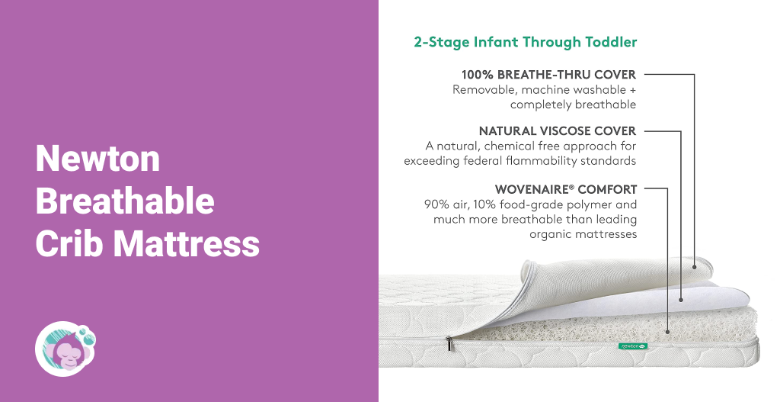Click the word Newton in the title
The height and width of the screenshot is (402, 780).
click(98, 159)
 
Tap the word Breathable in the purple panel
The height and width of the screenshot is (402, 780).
click(125, 201)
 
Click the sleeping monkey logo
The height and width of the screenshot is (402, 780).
click(66, 349)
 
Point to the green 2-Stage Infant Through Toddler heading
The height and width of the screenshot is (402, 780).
click(526, 42)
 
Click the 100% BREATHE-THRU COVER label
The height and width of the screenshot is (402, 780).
click(548, 75)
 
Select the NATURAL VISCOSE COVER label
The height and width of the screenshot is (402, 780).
click(558, 131)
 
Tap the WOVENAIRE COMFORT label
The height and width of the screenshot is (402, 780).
click(566, 189)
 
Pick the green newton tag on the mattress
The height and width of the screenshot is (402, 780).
click(633, 346)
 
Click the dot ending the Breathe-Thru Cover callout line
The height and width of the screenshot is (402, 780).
click(695, 267)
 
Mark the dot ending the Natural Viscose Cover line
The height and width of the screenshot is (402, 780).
click(681, 300)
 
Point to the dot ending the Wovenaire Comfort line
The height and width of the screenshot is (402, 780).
click(667, 331)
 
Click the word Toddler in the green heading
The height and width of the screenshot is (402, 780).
click(612, 42)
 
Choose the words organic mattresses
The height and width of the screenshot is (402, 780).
click(583, 234)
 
